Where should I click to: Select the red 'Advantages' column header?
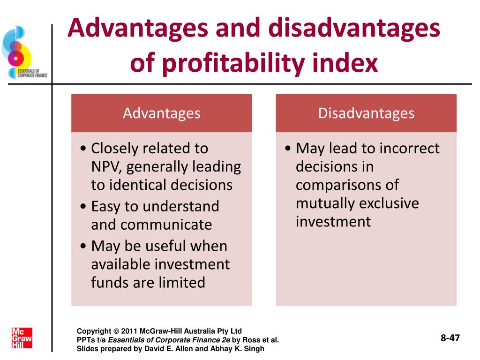tap(161, 113)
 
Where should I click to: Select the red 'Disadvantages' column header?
tap(366, 113)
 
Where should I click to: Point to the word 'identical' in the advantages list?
tap(139, 185)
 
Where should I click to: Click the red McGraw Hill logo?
tap(22, 337)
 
